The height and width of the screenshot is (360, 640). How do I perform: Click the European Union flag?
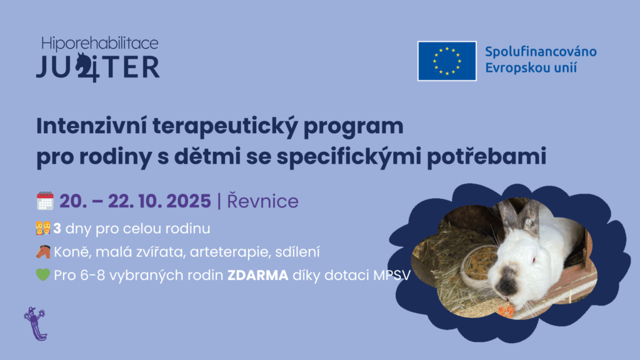[447, 61]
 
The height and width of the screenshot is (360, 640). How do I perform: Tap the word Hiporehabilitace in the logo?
[99, 44]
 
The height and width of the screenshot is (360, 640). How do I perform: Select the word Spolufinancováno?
[541, 52]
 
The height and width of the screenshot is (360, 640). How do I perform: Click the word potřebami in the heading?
[486, 157]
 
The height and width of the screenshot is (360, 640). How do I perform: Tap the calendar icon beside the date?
[45, 201]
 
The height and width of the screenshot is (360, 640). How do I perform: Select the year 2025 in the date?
[189, 201]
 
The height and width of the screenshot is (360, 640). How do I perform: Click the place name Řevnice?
[262, 201]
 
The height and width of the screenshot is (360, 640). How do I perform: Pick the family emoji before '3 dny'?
[43, 228]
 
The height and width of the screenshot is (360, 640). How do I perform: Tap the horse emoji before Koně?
[43, 252]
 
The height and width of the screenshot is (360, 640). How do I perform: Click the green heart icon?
[43, 275]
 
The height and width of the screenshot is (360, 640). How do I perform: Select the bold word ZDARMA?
[258, 276]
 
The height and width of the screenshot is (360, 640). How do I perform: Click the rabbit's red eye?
[533, 260]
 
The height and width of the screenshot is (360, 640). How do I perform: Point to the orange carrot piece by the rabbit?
[506, 311]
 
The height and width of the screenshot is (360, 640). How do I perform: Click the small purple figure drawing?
[36, 324]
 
